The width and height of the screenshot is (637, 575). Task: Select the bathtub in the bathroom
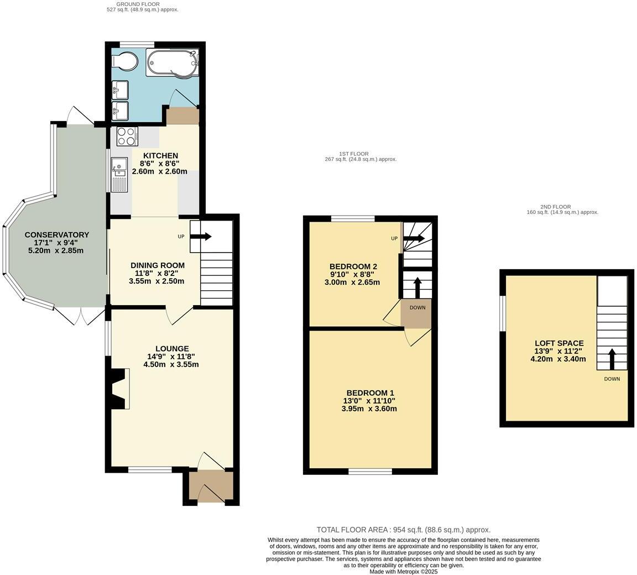pyautogui.click(x=171, y=62)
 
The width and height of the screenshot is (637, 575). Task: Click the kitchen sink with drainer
pyautogui.click(x=119, y=174)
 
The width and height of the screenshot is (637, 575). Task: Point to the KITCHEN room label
pyautogui.click(x=160, y=156)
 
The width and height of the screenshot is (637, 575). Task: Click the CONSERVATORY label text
pyautogui.click(x=56, y=235)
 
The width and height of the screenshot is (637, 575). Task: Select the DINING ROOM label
pyautogui.click(x=158, y=265)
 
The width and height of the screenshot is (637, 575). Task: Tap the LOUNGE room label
pyautogui.click(x=172, y=349)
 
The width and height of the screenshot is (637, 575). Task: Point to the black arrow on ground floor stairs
pyautogui.click(x=201, y=237)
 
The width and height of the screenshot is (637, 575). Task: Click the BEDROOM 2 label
pyautogui.click(x=353, y=266)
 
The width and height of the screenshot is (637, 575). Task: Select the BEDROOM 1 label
pyautogui.click(x=370, y=393)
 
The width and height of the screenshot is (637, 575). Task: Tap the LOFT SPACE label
pyautogui.click(x=558, y=343)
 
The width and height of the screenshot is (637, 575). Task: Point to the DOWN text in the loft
pyautogui.click(x=612, y=379)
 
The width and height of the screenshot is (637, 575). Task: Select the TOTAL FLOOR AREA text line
pyautogui.click(x=403, y=530)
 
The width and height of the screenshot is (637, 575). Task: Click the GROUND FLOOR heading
pyautogui.click(x=142, y=4)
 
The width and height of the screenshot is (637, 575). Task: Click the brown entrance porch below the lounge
pyautogui.click(x=207, y=487)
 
